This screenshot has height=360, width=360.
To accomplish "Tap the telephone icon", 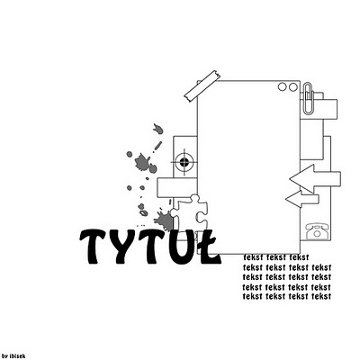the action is [x=317, y=231].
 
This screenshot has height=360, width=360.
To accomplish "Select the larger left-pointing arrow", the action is [x=315, y=178].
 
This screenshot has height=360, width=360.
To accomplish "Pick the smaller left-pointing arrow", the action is [x=301, y=199].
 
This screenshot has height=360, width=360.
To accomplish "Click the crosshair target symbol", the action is [x=184, y=162].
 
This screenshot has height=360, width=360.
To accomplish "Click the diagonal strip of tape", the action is [x=202, y=86].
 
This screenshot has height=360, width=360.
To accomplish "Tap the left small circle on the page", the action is [x=283, y=86].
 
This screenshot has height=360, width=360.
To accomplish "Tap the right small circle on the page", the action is [x=292, y=87].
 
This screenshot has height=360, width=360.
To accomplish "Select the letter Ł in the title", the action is [x=208, y=247].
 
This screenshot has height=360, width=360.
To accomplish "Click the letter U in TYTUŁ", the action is [x=180, y=247].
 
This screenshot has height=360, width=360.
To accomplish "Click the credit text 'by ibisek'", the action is [x=13, y=356].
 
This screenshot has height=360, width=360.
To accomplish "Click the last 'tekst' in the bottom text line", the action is [x=321, y=296].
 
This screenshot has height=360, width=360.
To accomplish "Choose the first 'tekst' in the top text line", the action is [x=254, y=257].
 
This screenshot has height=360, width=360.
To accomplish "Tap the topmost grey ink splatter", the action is [x=158, y=129].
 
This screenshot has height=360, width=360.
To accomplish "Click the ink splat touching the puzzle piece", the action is [x=164, y=220].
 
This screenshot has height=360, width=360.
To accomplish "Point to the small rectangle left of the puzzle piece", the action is [x=177, y=187].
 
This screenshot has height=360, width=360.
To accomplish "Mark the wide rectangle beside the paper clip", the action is [x=319, y=109].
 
